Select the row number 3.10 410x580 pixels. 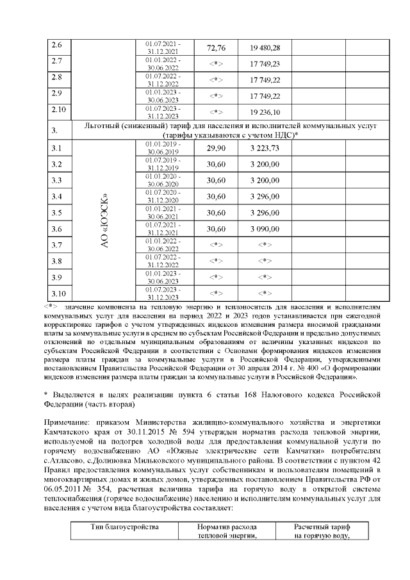(58, 294)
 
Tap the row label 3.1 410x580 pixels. (56, 149)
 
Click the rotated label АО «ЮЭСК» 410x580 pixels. (104, 220)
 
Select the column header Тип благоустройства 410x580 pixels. (124, 527)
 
